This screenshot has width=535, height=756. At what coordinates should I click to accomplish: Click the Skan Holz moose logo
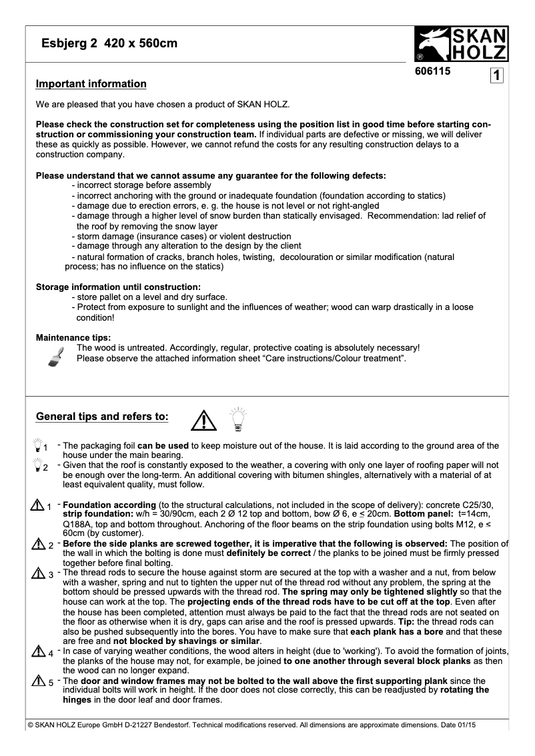[x=461, y=44]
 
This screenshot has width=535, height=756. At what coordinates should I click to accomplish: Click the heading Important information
[x=91, y=84]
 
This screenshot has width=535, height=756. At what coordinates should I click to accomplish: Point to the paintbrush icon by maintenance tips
[x=57, y=357]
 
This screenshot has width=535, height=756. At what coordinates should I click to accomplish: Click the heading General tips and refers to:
[x=101, y=417]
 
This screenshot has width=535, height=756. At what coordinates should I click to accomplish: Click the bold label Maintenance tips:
[x=73, y=337]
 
